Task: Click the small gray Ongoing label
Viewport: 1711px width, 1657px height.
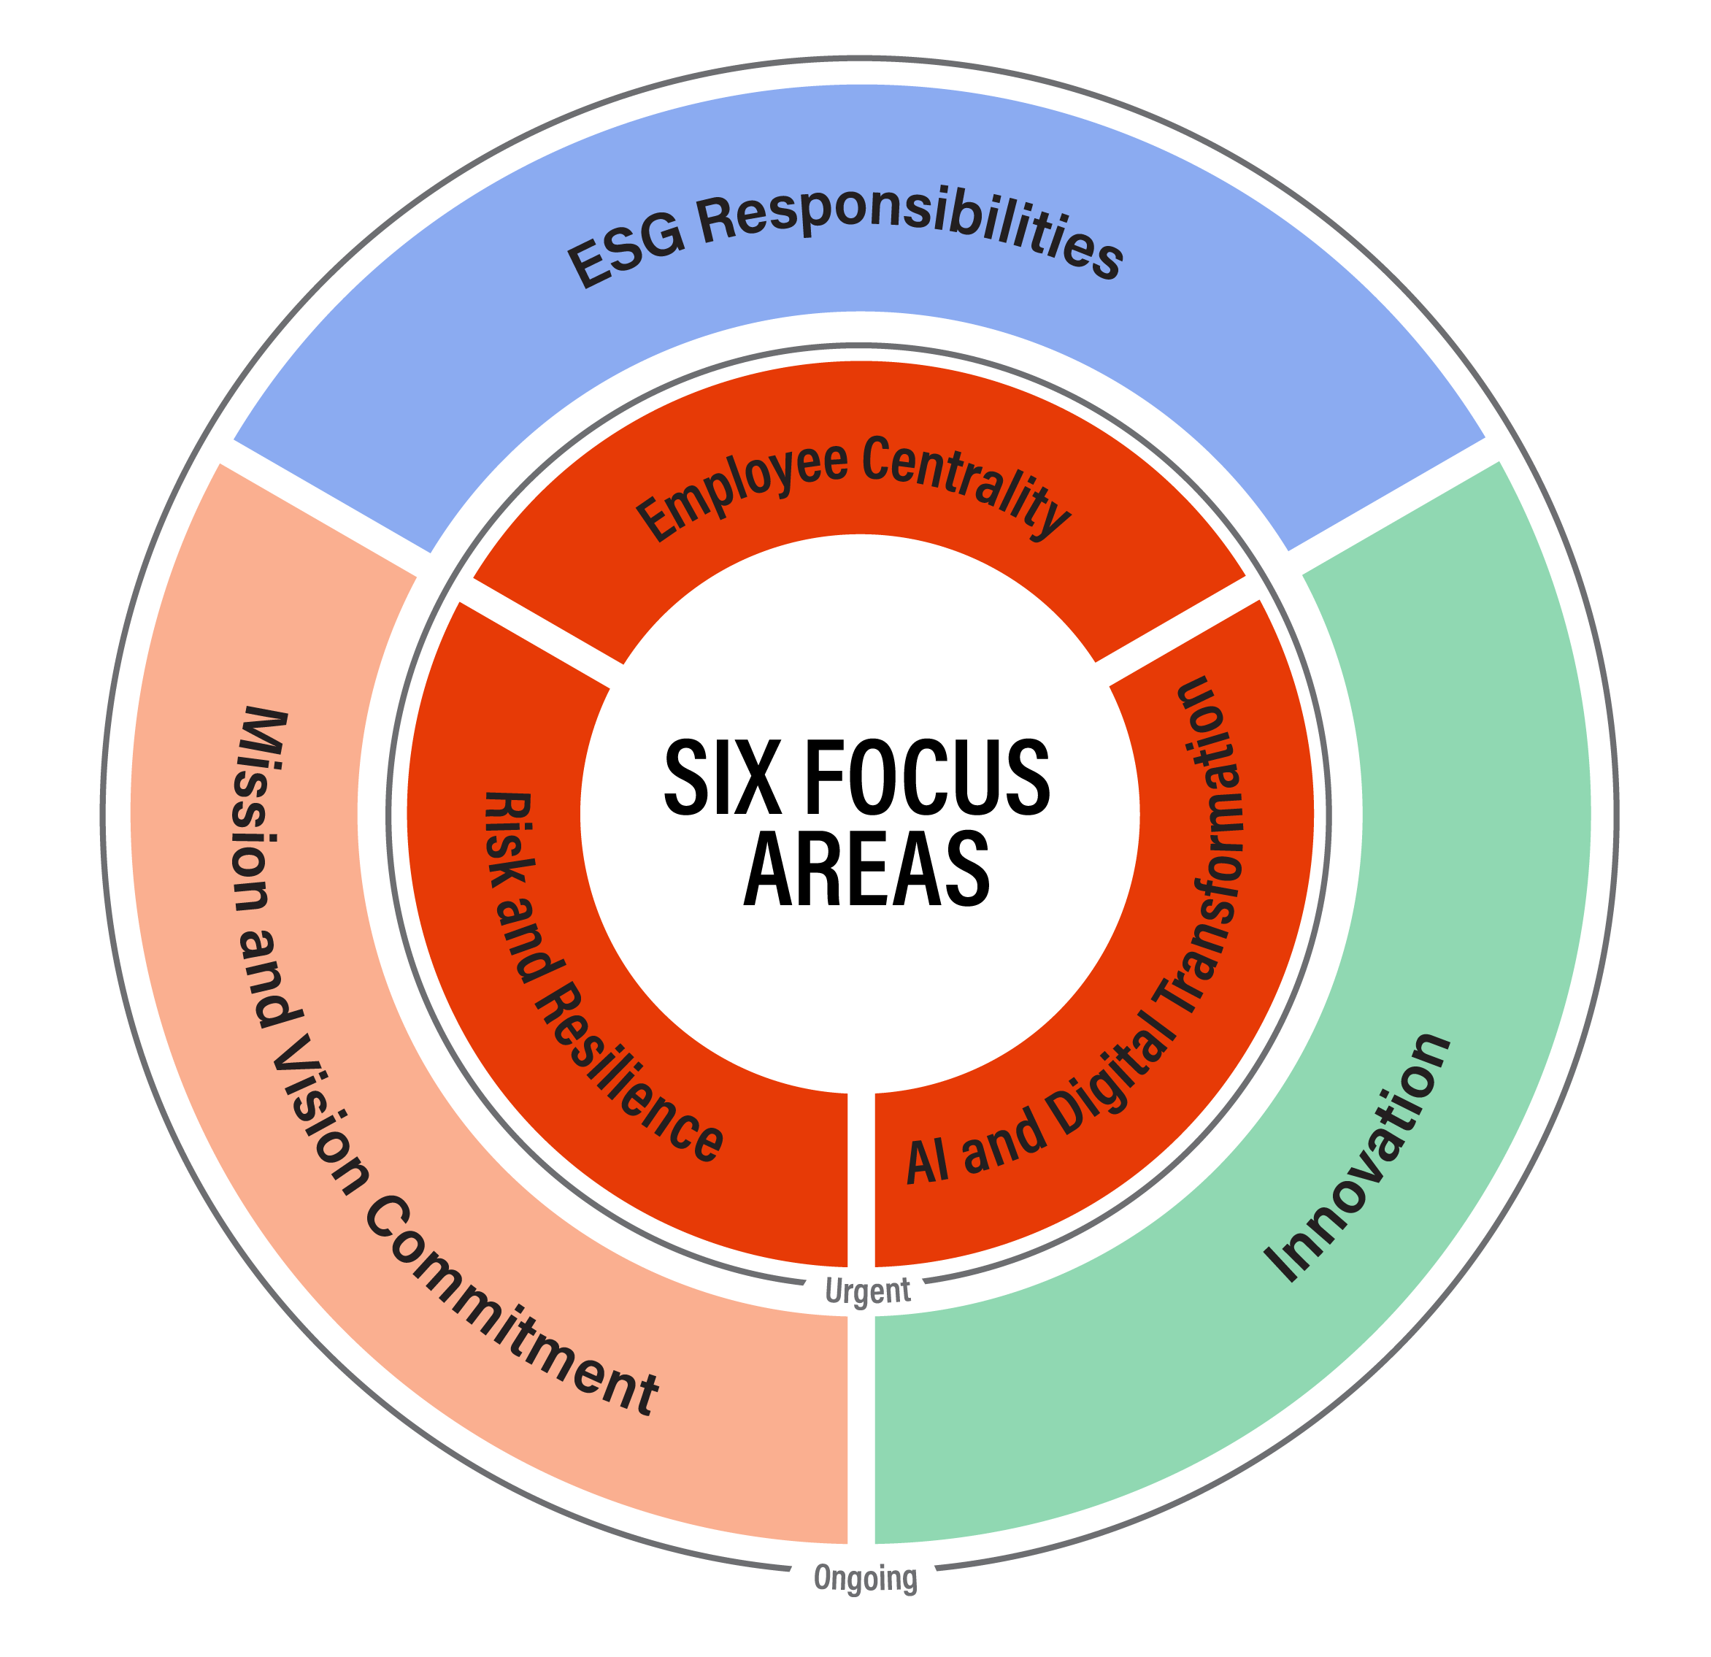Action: tap(865, 1577)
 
